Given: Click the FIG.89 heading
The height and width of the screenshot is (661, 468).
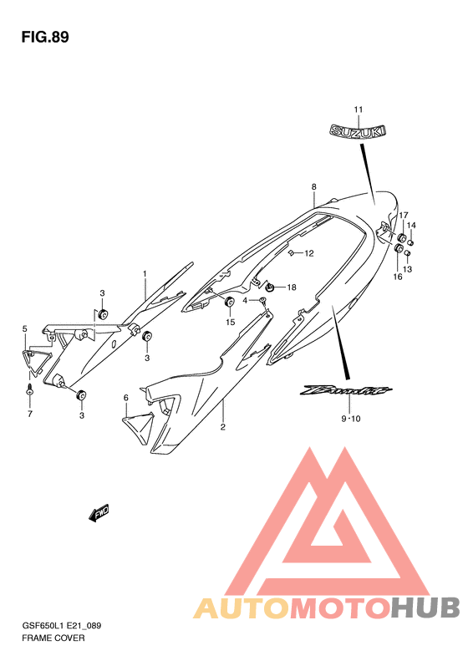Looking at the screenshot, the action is tap(44, 38).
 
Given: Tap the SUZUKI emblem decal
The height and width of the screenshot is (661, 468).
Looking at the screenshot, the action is tap(358, 130).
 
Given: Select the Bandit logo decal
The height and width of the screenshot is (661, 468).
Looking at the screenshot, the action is tap(346, 391).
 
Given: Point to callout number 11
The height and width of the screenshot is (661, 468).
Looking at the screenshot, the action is tap(358, 109).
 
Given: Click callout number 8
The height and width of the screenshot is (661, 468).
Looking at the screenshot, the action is tap(313, 186).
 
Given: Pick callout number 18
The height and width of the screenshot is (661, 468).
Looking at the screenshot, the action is tap(292, 287).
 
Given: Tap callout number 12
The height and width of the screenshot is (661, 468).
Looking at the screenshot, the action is tap(309, 253).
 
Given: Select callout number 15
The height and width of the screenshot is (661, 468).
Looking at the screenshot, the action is tap(230, 323).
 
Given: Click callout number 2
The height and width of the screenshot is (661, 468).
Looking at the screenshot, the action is tap(222, 427).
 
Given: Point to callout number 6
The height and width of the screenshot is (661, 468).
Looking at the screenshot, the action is tap(125, 398).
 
